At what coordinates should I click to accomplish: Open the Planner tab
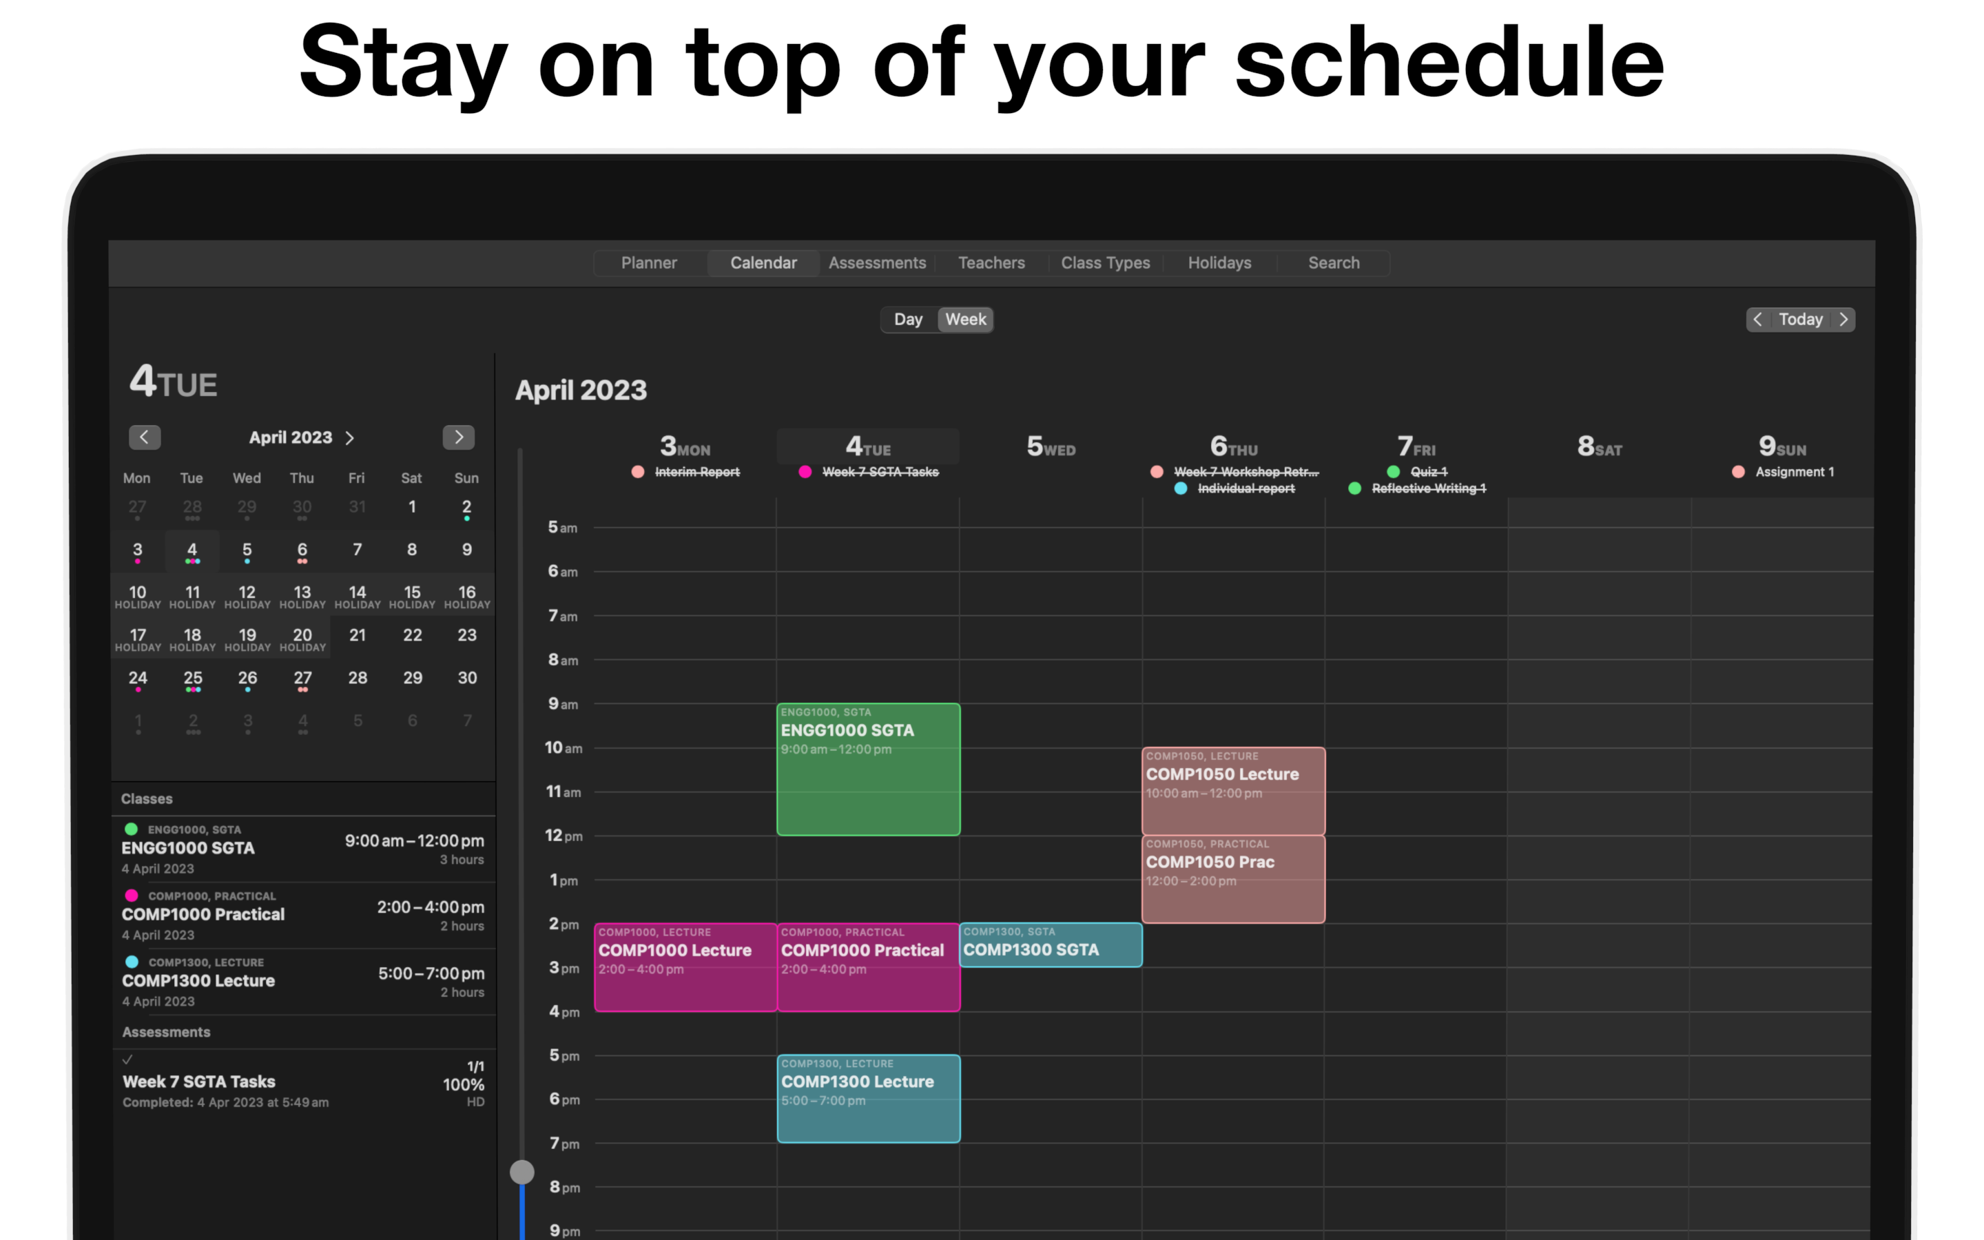(648, 262)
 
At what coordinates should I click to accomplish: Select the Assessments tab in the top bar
(877, 262)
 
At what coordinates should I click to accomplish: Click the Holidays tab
(1219, 262)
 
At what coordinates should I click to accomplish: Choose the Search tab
(1333, 262)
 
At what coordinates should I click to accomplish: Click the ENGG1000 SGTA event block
(868, 769)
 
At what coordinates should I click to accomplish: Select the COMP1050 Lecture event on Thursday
(1233, 792)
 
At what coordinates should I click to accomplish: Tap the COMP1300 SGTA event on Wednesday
(1050, 944)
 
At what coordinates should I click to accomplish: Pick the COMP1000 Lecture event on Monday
(685, 967)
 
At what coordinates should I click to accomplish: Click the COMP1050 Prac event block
(1233, 879)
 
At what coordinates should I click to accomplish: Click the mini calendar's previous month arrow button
(144, 437)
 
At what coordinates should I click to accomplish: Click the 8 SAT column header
(1600, 447)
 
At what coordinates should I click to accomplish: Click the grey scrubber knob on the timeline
(522, 1172)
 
